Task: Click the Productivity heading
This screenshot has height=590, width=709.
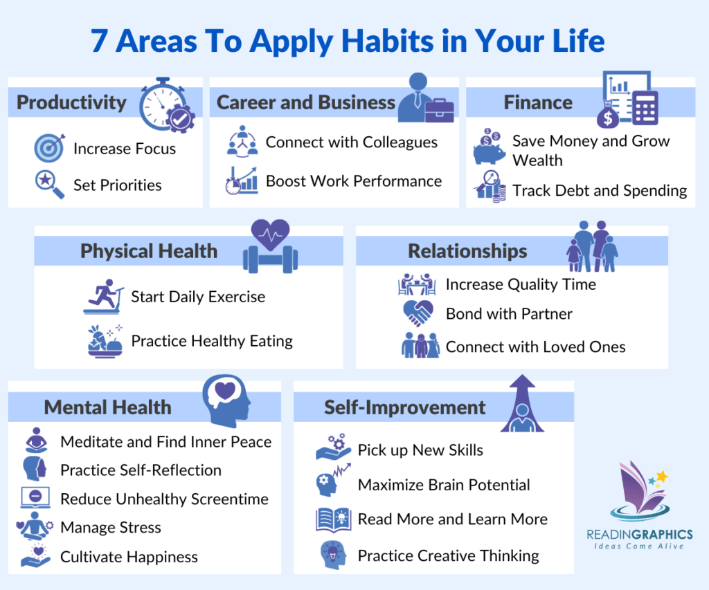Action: (71, 103)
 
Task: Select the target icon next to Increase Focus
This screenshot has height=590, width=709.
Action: (49, 148)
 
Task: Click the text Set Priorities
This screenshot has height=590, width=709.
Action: (117, 185)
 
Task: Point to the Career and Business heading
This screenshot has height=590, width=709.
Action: (306, 103)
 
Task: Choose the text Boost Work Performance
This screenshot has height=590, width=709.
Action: (353, 181)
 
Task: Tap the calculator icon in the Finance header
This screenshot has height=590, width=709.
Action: (645, 107)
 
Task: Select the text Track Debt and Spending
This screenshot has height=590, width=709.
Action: (600, 190)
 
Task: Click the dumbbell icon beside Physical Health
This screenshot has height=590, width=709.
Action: (270, 258)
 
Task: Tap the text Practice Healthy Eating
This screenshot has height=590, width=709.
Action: (212, 341)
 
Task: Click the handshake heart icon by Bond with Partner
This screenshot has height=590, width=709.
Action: (419, 314)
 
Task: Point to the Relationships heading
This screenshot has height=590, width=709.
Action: (467, 251)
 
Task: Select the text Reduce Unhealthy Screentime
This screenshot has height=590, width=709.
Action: (164, 499)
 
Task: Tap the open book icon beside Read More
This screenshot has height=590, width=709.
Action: (334, 519)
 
